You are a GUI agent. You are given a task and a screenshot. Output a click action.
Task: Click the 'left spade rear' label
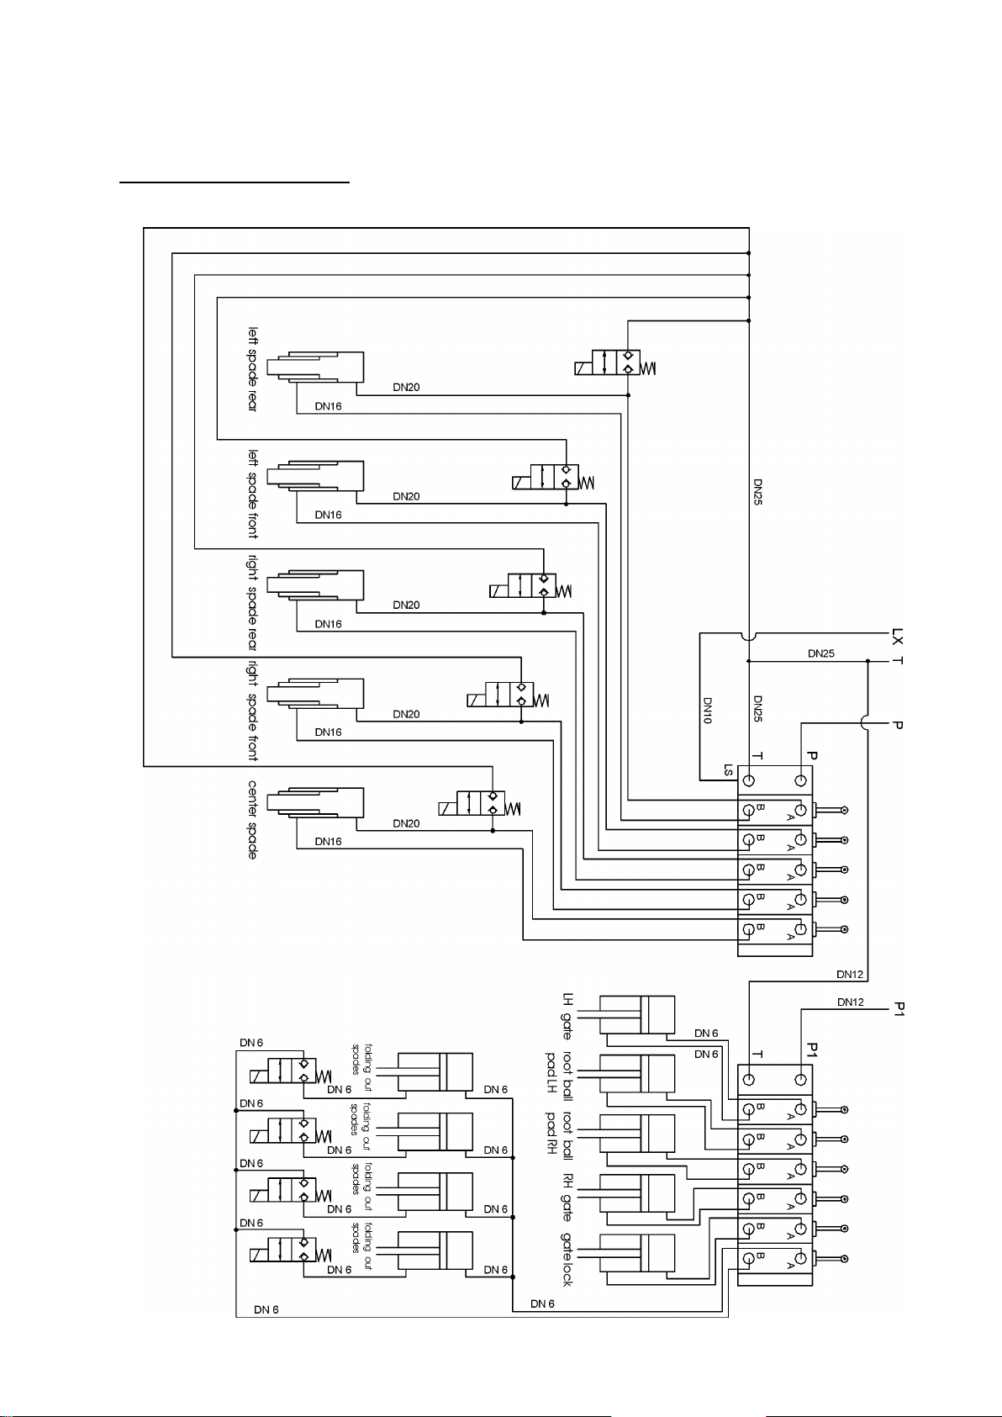[x=252, y=369]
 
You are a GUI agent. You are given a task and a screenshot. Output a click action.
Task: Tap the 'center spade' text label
[x=252, y=820]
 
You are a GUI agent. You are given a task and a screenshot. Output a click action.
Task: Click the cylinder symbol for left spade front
[x=315, y=476]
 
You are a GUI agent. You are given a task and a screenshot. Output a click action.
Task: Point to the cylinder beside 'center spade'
[x=315, y=803]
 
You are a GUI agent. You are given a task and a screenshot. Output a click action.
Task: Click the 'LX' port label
[x=897, y=636]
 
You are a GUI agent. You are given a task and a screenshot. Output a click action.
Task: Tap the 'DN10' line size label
[x=708, y=711]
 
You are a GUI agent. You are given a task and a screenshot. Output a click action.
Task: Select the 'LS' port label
[x=728, y=769]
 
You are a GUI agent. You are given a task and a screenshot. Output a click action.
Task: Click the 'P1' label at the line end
[x=899, y=1009]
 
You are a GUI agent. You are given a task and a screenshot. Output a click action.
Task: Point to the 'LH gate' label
[x=567, y=1016]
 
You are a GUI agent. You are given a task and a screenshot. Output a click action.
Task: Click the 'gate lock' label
[x=567, y=1259]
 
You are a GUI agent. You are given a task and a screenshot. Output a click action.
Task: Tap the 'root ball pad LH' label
[x=559, y=1075]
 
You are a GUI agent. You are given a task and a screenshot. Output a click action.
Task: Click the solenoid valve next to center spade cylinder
[x=479, y=803]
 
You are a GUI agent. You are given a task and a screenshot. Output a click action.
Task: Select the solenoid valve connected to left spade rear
[x=615, y=362]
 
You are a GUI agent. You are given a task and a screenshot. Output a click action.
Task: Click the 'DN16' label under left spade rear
[x=328, y=406]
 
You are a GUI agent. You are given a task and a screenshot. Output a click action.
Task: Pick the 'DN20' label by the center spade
[x=407, y=823]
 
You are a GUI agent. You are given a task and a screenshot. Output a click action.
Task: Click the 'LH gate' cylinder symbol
[x=636, y=1015]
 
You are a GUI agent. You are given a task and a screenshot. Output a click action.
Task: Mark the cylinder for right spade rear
[x=315, y=585]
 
